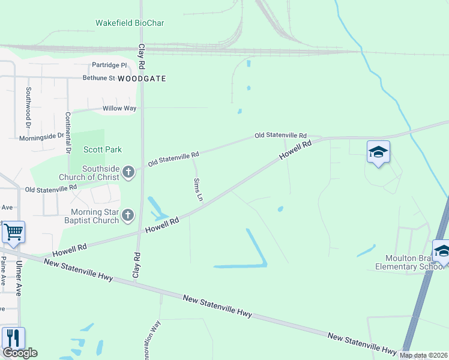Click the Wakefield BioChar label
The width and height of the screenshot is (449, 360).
130,23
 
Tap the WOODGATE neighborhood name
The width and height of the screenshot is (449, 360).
142,79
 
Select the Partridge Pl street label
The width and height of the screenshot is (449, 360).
109,65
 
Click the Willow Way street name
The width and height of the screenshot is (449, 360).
119,109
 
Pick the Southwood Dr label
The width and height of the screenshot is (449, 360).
28,107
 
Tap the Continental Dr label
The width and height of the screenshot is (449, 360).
68,131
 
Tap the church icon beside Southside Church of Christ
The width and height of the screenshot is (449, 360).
127,173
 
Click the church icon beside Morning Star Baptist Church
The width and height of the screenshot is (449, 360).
127,215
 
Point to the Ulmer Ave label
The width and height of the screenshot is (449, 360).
19,275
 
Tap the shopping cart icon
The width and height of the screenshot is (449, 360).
13,231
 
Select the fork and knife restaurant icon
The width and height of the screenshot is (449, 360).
13,338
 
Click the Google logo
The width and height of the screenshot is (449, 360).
19,353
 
